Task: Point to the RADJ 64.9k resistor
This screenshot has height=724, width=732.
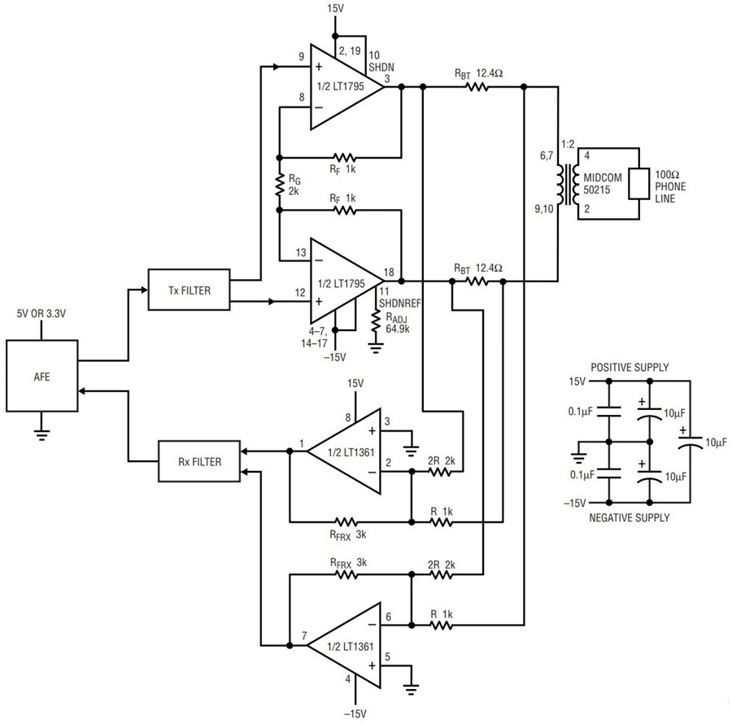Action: click(375, 325)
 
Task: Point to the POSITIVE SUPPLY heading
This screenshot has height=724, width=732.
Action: click(630, 368)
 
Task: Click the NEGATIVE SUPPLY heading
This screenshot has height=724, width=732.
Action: click(630, 517)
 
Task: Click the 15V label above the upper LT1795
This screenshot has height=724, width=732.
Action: click(334, 8)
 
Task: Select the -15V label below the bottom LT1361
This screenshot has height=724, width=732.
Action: click(355, 713)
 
